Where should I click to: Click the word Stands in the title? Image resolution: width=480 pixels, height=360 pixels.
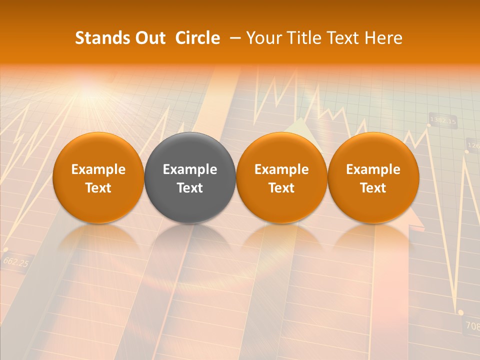(99, 38)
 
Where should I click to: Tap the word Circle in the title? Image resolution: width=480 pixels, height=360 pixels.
(197, 38)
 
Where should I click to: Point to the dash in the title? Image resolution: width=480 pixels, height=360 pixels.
(233, 38)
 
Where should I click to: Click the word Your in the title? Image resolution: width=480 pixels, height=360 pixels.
(264, 38)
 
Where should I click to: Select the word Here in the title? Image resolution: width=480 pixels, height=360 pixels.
(382, 38)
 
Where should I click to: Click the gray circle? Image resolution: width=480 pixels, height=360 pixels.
(190, 177)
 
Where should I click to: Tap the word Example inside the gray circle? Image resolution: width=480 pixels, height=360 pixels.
(190, 169)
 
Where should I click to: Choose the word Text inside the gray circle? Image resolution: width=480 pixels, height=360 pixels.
(190, 188)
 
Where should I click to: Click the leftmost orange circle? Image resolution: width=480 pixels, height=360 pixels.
(98, 177)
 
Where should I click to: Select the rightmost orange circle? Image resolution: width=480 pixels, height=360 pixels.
(373, 177)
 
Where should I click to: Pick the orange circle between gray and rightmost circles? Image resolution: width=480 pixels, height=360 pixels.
(281, 177)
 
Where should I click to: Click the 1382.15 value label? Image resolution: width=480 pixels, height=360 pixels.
(443, 121)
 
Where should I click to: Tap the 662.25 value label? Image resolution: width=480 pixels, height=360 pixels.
(15, 261)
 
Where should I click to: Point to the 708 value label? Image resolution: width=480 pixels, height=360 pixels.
(472, 325)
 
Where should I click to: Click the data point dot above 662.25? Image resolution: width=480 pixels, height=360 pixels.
(5, 249)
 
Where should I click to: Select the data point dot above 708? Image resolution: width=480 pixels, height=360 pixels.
(460, 312)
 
